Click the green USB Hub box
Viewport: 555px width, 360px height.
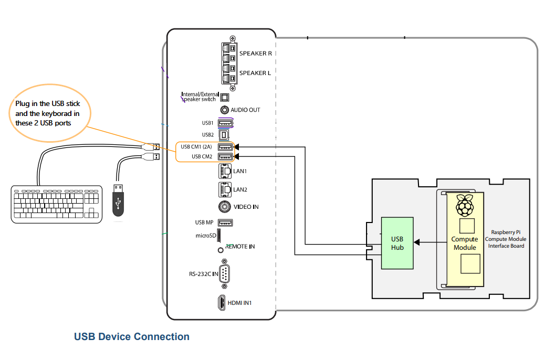[397, 243]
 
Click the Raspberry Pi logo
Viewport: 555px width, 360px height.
[465, 205]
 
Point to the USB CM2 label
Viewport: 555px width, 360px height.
[202, 156]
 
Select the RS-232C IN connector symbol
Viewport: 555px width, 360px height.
[224, 274]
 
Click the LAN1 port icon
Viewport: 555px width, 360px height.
[224, 171]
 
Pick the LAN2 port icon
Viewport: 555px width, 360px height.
[224, 189]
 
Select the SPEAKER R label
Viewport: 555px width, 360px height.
[255, 54]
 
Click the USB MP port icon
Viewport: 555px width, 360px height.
[225, 223]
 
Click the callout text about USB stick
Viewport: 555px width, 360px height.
[48, 113]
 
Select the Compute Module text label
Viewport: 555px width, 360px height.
[465, 243]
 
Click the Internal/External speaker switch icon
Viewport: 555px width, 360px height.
[224, 97]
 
